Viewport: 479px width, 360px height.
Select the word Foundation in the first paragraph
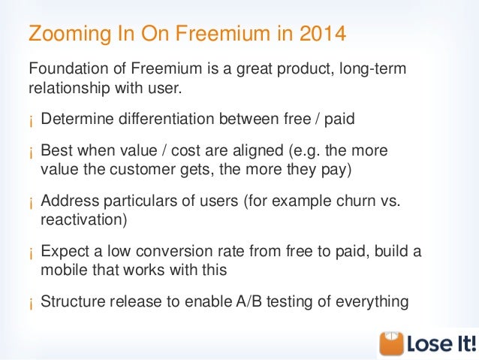(x=68, y=68)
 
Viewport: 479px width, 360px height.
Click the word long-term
(x=372, y=69)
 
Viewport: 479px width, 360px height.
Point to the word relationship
(x=69, y=88)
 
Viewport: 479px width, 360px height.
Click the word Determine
(x=77, y=118)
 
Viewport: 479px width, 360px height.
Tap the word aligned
(x=258, y=151)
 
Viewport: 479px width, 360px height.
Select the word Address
(x=70, y=201)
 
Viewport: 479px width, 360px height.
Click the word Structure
(x=73, y=301)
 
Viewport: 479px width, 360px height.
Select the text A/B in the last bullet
(x=249, y=301)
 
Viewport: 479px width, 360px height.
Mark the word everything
(x=372, y=302)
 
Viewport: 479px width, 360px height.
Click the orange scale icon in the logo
(x=391, y=343)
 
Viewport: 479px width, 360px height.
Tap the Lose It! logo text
(x=441, y=343)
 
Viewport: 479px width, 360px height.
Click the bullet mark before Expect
(x=31, y=254)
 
